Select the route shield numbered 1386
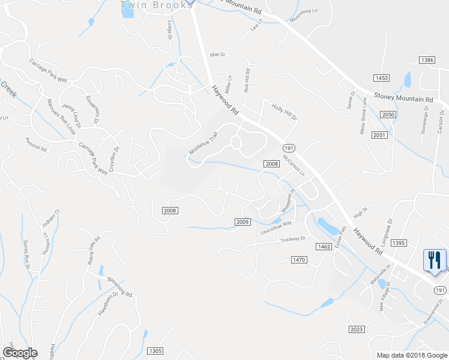(427, 60)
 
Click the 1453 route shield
(381, 78)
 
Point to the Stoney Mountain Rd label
(403, 98)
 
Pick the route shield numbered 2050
(388, 115)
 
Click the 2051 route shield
(379, 135)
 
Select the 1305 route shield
(155, 351)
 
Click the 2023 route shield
(357, 329)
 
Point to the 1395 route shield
(399, 243)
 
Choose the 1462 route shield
(324, 247)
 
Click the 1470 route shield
(299, 259)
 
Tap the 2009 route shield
(242, 222)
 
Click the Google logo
(20, 352)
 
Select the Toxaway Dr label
(293, 239)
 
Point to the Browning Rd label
(119, 287)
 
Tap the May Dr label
(217, 55)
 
